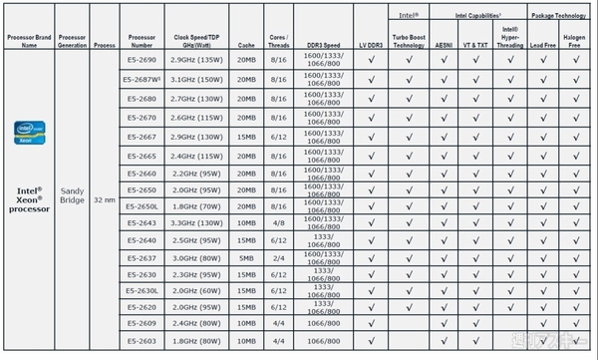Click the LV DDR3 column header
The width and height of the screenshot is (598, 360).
coord(371,45)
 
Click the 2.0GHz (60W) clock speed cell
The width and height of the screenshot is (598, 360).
coord(197,291)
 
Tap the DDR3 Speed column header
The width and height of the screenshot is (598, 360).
coord(323,45)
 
